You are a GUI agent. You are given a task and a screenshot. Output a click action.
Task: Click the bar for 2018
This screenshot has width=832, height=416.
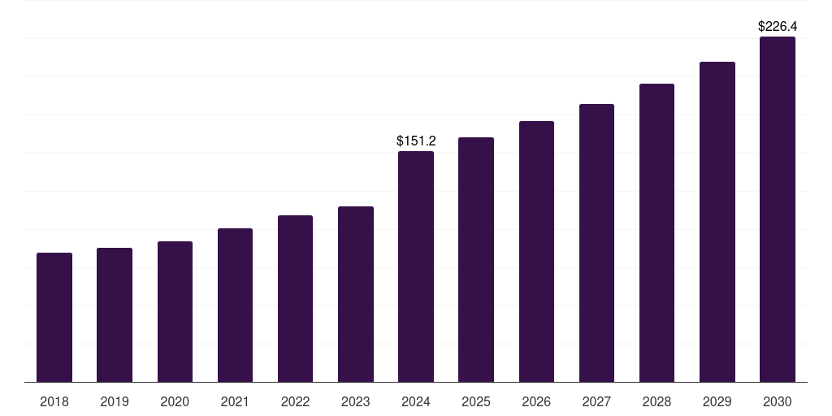pyautogui.click(x=54, y=318)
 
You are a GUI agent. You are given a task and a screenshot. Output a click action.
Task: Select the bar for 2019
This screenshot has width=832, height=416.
pyautogui.click(x=115, y=315)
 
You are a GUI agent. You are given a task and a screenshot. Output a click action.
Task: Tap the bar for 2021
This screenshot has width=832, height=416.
pyautogui.click(x=235, y=305)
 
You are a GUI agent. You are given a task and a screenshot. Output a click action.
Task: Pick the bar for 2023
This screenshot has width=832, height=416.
pyautogui.click(x=356, y=294)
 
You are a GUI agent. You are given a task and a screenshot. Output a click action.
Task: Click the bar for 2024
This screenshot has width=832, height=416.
pyautogui.click(x=416, y=266)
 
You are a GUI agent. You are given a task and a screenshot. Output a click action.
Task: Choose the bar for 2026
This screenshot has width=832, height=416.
pyautogui.click(x=536, y=252)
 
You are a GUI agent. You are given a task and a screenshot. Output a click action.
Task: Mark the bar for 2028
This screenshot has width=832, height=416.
pyautogui.click(x=656, y=233)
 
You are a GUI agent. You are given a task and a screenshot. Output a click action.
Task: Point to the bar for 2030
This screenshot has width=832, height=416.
pyautogui.click(x=778, y=210)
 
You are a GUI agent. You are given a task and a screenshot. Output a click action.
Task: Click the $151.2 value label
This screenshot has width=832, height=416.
pyautogui.click(x=416, y=141)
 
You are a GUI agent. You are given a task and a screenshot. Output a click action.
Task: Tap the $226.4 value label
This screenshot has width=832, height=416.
pyautogui.click(x=778, y=27)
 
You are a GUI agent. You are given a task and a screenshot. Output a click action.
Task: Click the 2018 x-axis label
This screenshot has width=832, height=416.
pyautogui.click(x=54, y=401)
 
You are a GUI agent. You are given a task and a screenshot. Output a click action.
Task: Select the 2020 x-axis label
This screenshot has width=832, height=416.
pyautogui.click(x=175, y=401)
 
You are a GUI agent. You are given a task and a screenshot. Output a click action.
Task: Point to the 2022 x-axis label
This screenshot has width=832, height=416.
pyautogui.click(x=296, y=401)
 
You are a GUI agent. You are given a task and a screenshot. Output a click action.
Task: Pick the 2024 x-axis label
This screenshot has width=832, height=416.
pyautogui.click(x=416, y=401)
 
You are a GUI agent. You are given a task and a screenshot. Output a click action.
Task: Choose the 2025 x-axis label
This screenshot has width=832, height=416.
pyautogui.click(x=476, y=401)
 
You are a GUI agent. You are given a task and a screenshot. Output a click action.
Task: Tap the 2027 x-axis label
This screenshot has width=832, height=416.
pyautogui.click(x=596, y=401)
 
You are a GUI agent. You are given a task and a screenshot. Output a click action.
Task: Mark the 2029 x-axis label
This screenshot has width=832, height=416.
pyautogui.click(x=717, y=401)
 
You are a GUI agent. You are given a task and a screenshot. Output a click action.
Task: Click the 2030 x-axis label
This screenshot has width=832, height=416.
pyautogui.click(x=778, y=401)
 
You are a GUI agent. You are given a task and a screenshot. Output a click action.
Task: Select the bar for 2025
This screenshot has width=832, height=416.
pyautogui.click(x=476, y=260)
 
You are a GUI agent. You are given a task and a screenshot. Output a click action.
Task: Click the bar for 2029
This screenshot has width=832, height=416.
pyautogui.click(x=717, y=222)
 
